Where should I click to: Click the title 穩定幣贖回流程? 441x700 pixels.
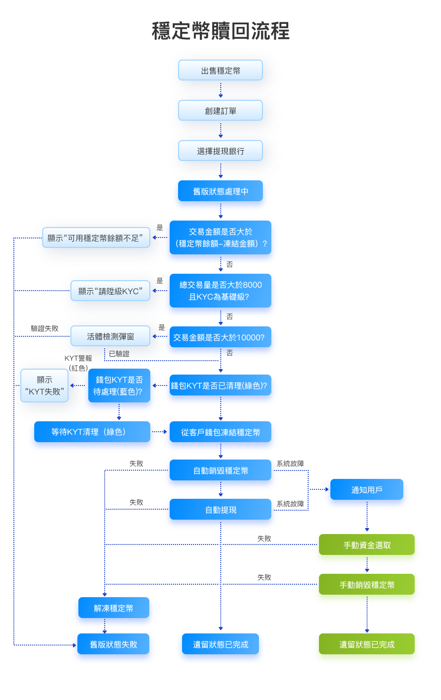click(x=220, y=31)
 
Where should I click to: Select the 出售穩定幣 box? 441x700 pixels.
click(x=220, y=71)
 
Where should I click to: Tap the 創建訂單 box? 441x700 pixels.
click(x=220, y=111)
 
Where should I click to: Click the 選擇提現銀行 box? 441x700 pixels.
click(x=220, y=151)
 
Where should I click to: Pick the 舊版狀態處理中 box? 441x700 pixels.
click(x=220, y=191)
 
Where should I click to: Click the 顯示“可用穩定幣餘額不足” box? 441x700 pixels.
click(x=96, y=238)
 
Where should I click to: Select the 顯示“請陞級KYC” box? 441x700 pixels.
click(x=110, y=291)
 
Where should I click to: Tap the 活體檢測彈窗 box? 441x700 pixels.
click(x=110, y=336)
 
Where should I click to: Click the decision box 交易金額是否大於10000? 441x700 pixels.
click(x=220, y=337)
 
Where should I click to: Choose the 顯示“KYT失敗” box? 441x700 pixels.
click(x=44, y=386)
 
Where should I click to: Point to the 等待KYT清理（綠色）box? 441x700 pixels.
click(x=92, y=432)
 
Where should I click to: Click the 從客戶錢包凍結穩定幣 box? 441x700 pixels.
click(x=220, y=432)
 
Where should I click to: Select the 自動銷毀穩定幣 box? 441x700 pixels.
click(x=220, y=470)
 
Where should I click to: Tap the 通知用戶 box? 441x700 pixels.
click(x=367, y=490)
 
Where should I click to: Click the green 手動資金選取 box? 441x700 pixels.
click(x=367, y=545)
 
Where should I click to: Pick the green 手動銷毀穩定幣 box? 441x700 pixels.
click(x=367, y=585)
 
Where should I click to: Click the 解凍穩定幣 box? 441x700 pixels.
click(x=114, y=608)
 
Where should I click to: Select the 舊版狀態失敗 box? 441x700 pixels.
click(x=114, y=644)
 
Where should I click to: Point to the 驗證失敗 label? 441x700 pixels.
click(x=45, y=328)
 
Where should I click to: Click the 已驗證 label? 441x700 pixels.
click(x=119, y=354)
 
